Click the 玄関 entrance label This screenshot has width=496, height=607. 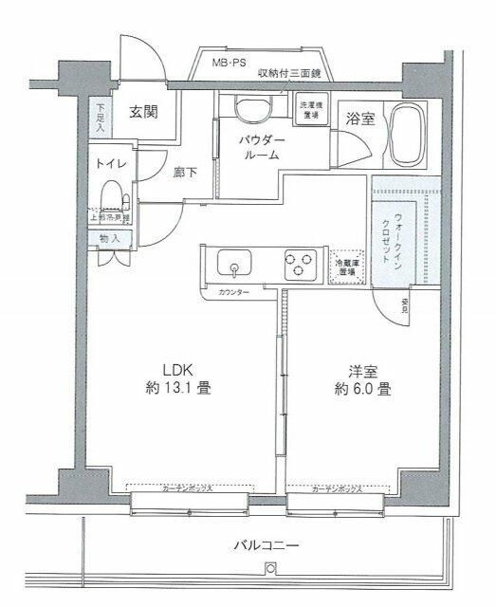(143, 112)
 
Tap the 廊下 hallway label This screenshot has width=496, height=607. (185, 174)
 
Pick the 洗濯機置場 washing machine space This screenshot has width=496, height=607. (310, 111)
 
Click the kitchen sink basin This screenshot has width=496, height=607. (232, 262)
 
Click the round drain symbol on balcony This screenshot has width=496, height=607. (270, 569)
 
